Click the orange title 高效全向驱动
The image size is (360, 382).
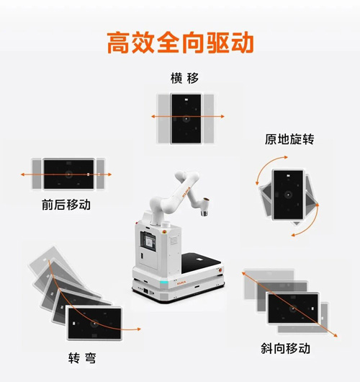181,43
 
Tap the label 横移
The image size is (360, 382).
184,79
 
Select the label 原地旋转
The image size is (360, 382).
289,139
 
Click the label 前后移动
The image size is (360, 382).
66,205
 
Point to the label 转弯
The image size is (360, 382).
82,358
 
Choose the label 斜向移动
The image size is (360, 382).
285,348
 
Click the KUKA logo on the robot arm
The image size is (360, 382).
186,192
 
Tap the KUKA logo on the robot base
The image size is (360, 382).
181,283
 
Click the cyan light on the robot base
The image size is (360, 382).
164,283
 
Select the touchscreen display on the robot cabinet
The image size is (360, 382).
148,241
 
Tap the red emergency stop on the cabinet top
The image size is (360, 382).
164,231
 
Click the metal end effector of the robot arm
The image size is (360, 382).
204,207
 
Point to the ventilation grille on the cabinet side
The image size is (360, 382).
174,240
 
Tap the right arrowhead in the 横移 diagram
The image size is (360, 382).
222,117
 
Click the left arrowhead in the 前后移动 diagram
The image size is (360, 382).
22,174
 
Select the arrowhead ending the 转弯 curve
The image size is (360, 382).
139,329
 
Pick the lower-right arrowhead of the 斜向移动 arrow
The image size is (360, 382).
336,335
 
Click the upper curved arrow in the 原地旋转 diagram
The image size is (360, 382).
266,164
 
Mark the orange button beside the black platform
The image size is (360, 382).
220,270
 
